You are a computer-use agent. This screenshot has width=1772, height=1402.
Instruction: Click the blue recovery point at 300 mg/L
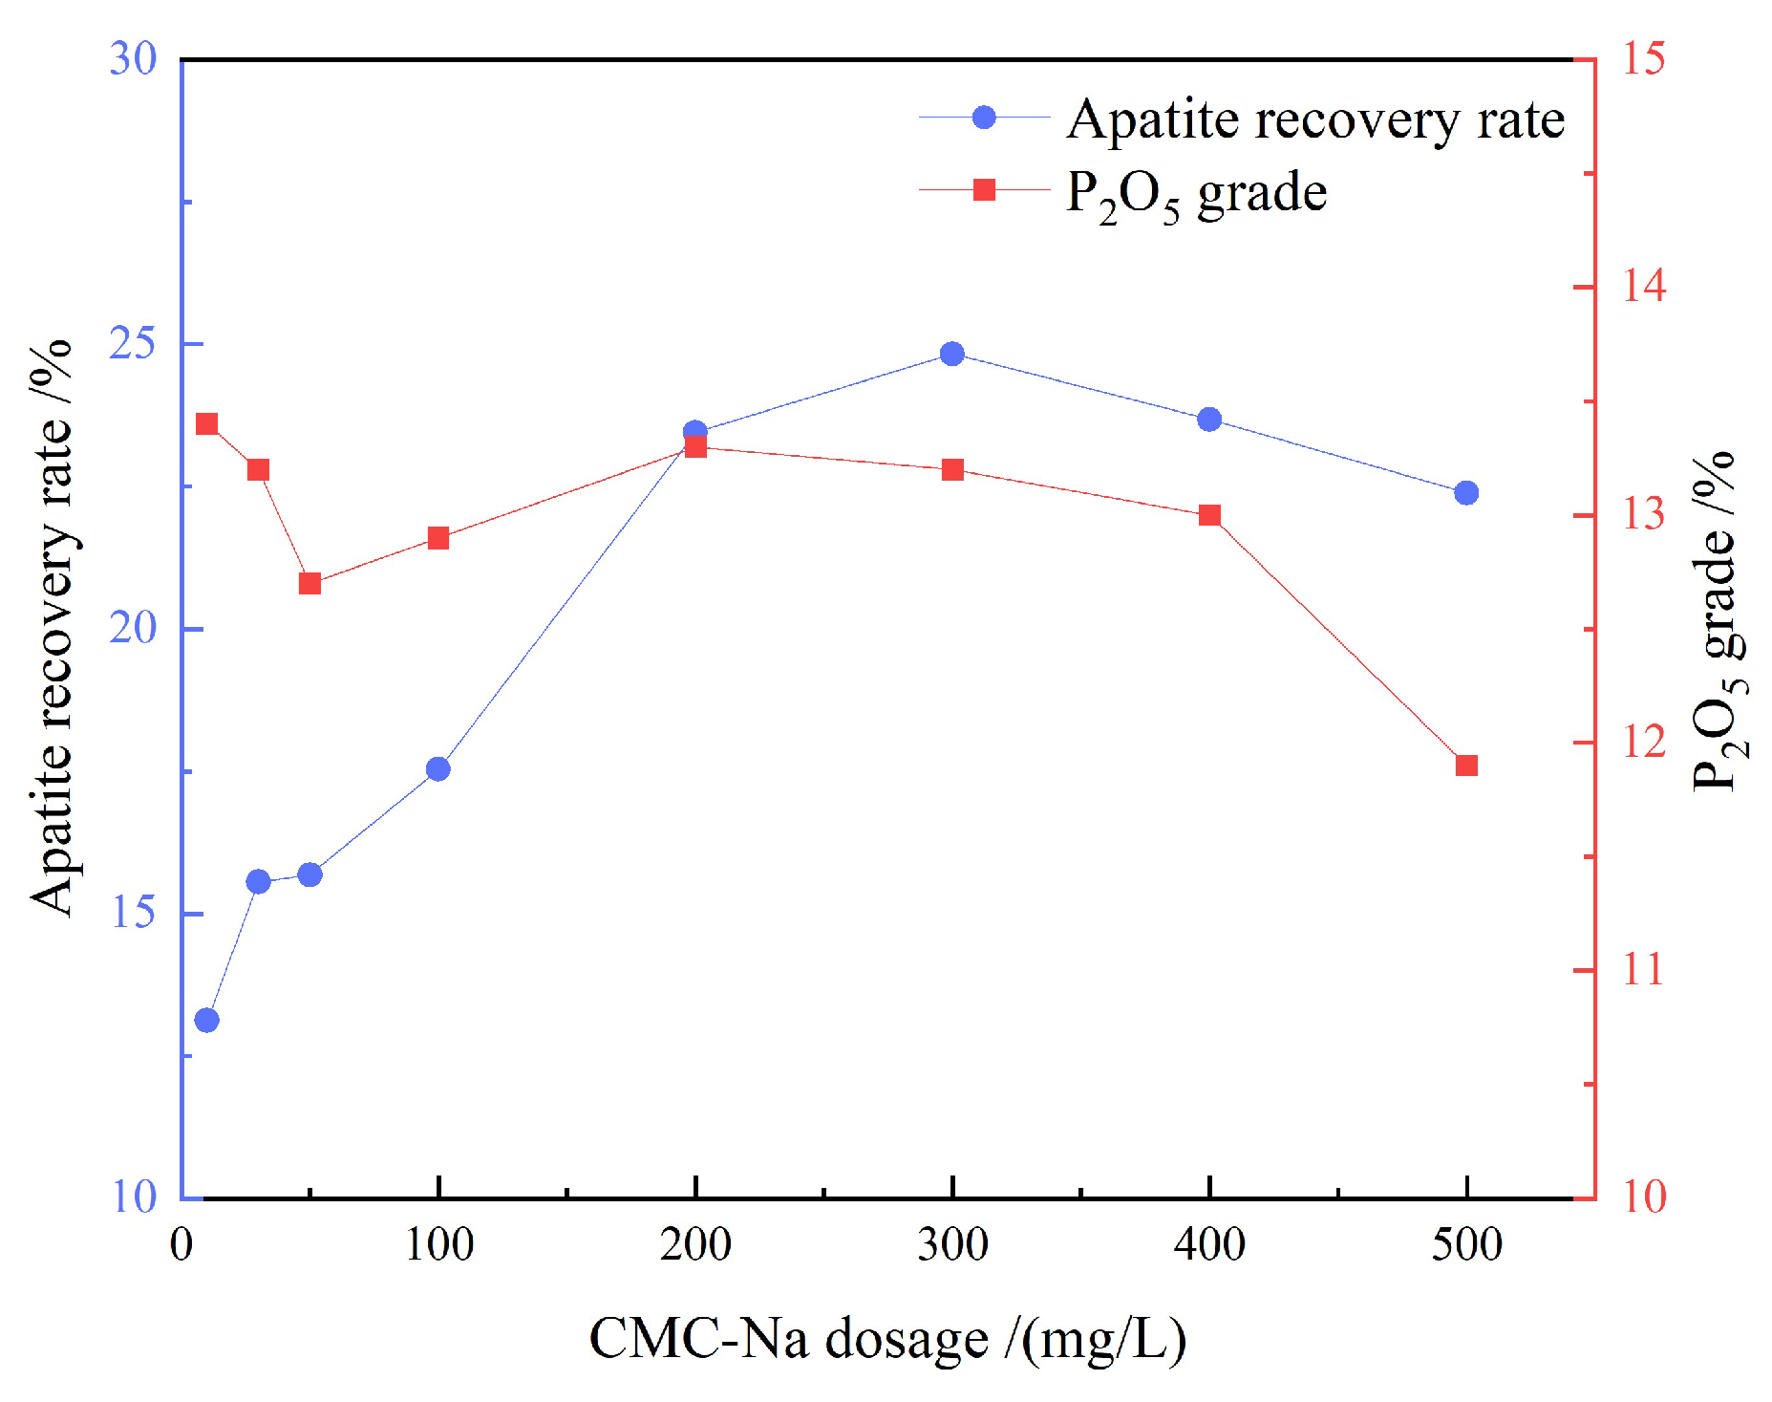coord(951,354)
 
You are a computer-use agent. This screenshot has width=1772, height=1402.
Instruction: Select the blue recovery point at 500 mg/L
coord(1465,492)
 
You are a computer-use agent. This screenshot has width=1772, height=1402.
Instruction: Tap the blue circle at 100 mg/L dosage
coord(438,768)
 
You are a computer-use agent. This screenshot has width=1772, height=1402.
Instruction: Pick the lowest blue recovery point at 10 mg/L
coord(206,1020)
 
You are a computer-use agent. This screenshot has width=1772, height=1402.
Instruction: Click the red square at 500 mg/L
coord(1465,765)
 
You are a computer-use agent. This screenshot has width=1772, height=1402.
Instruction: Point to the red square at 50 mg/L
coord(310,583)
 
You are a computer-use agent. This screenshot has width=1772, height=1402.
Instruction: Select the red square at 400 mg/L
coord(1208,515)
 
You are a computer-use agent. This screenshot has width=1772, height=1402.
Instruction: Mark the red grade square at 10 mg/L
coord(206,424)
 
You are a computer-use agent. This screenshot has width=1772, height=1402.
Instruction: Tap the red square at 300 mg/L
coord(951,469)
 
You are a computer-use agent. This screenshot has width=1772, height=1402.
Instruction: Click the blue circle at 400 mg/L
coord(1208,420)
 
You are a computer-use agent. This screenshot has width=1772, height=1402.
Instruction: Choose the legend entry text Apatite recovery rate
coord(1314,120)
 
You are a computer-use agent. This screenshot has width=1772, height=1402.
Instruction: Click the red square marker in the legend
coord(984,190)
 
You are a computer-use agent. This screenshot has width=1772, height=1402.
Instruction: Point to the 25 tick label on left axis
coord(133,343)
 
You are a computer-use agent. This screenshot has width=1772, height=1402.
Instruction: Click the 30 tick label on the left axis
coord(133,59)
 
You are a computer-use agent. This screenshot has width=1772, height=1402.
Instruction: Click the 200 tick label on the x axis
coord(694,1244)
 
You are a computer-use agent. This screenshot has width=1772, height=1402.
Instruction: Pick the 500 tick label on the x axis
coord(1465,1244)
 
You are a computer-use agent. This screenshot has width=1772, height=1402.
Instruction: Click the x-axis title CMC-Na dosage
coord(886,1338)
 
